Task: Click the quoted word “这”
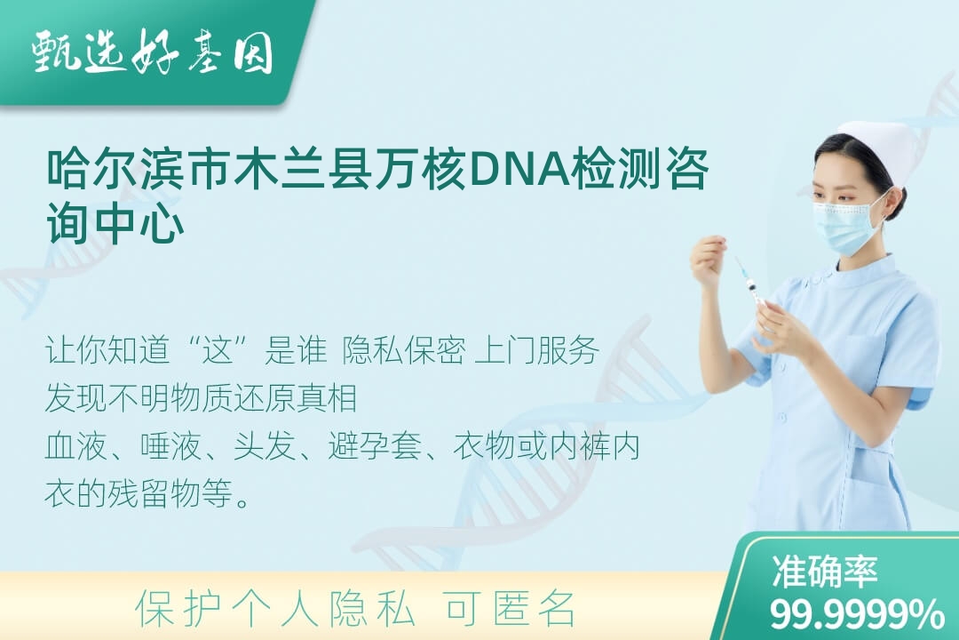tap(218, 351)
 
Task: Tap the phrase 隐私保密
tap(404, 351)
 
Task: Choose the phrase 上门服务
tap(536, 351)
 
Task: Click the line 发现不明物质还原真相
tap(201, 398)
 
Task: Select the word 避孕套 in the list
tap(375, 446)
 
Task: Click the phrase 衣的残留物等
tap(139, 493)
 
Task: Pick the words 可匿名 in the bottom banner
tap(510, 609)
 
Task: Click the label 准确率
tap(824, 571)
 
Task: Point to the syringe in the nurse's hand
tap(750, 284)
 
